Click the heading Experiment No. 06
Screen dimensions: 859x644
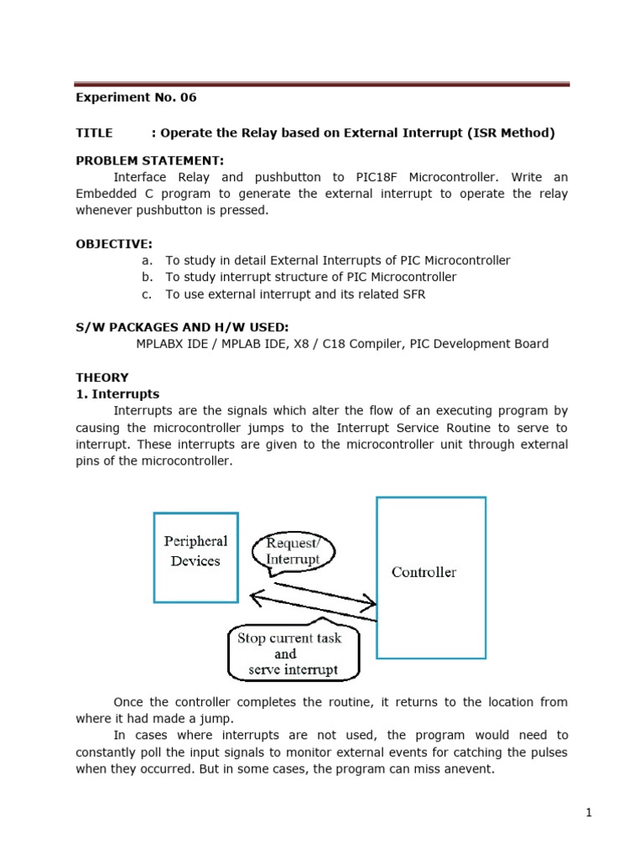pyautogui.click(x=136, y=97)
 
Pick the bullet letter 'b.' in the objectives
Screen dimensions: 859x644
pyautogui.click(x=148, y=277)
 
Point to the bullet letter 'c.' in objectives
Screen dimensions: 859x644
pyautogui.click(x=148, y=294)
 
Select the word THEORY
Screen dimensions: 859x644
pyautogui.click(x=102, y=377)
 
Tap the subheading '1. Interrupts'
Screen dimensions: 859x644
pyautogui.click(x=117, y=394)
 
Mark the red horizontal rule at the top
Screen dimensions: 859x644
pyautogui.click(x=322, y=85)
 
